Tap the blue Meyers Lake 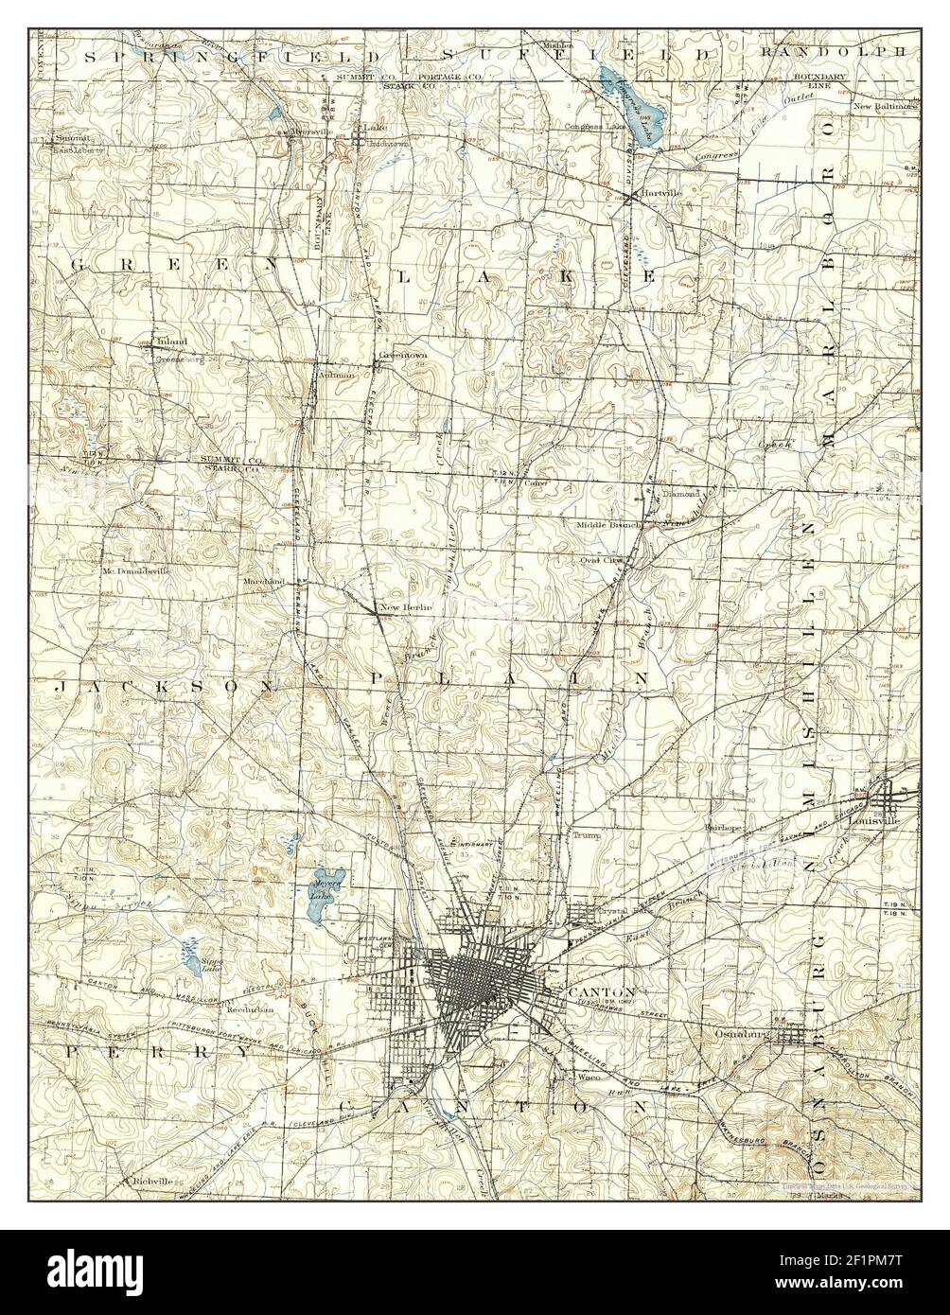pyautogui.click(x=325, y=895)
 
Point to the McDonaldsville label pyautogui.click(x=137, y=571)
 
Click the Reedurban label pyautogui.click(x=249, y=1009)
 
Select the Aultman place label pyautogui.click(x=338, y=375)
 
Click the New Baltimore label pyautogui.click(x=885, y=107)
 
